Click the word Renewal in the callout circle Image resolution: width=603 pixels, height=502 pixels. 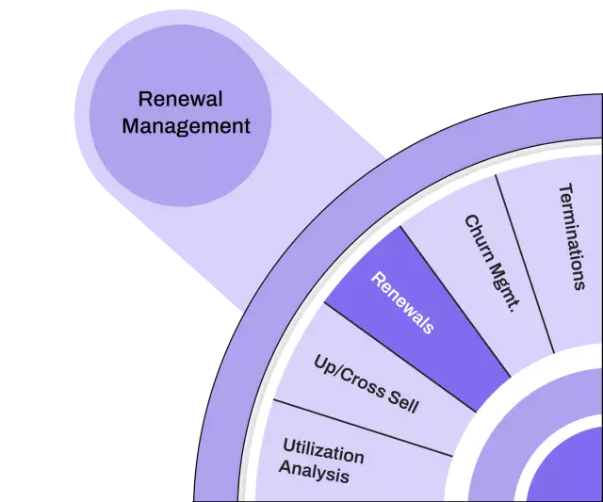[180, 98]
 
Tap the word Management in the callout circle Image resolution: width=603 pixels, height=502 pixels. [186, 124]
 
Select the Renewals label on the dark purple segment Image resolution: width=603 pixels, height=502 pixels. [403, 303]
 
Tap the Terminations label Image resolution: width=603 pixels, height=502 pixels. [572, 235]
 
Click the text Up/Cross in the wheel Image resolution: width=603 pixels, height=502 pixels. [348, 372]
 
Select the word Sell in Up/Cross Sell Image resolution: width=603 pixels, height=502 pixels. [401, 403]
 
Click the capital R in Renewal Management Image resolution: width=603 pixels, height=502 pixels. [144, 99]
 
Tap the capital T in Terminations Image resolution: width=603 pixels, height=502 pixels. [565, 187]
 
